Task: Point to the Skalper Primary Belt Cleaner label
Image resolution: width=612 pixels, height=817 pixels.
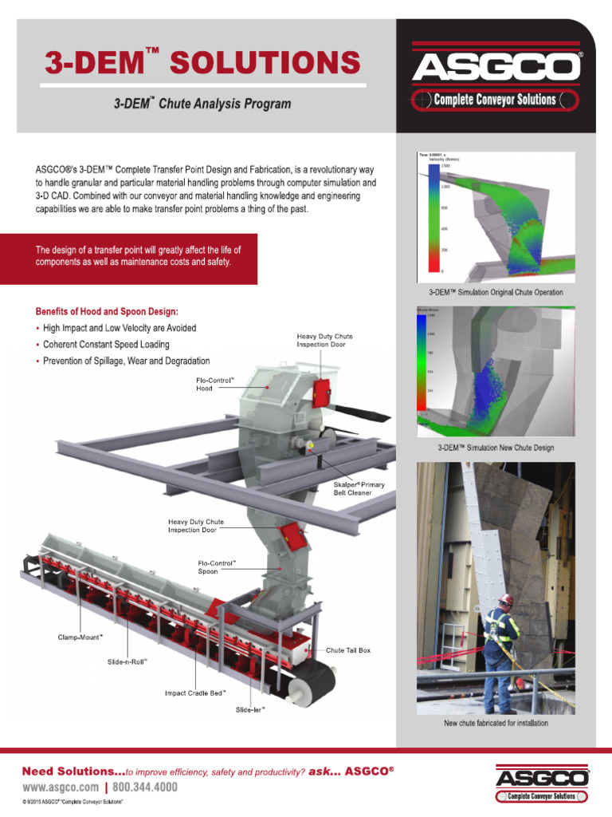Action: pos(352,488)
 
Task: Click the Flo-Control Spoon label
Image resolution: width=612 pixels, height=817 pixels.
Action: pos(217,566)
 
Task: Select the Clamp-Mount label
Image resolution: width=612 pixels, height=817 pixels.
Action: pos(80,637)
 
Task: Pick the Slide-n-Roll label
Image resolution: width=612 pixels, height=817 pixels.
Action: pos(127,661)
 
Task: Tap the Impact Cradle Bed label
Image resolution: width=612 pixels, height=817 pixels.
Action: pos(195,693)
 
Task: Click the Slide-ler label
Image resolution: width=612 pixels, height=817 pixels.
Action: pos(250,708)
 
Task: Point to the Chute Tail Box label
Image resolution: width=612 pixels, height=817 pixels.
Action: pos(348,650)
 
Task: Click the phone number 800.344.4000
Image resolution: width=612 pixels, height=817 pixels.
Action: pos(146,787)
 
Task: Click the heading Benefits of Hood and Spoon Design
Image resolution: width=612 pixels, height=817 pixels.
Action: pos(101,310)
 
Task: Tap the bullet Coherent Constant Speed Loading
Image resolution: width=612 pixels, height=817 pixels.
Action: pos(106,345)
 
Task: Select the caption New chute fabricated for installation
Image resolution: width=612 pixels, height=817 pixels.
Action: pos(496,724)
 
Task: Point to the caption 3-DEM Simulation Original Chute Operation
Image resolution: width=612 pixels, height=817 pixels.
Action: pos(496,292)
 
